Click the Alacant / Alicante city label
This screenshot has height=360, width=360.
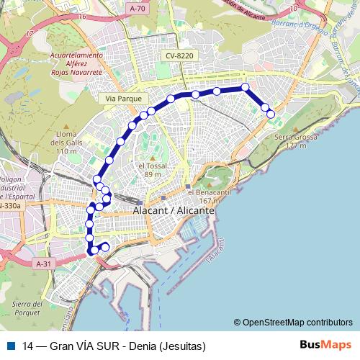(x=174, y=211)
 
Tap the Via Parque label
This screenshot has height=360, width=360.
(x=125, y=98)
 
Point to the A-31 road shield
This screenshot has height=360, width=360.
(x=44, y=264)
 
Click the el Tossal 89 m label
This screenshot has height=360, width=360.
(x=152, y=170)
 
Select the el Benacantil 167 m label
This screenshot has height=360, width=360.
(x=206, y=197)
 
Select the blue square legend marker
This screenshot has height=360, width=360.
(x=11, y=346)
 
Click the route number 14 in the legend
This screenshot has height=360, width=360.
(x=27, y=346)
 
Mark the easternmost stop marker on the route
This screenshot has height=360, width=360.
(x=271, y=114)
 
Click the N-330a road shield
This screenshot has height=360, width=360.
(x=10, y=206)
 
